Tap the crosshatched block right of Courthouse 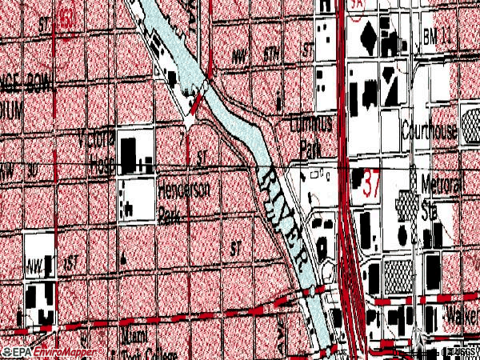[x=467, y=132]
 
